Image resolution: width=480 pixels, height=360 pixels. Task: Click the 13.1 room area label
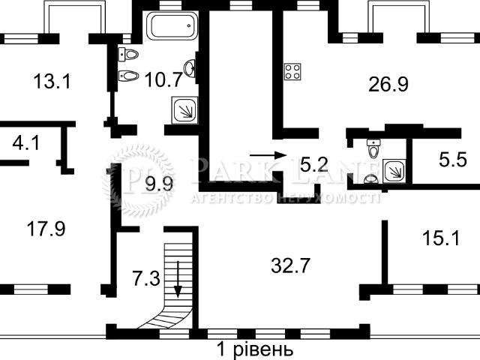coord(52,82)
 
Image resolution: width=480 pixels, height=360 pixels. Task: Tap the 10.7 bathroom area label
coord(163,79)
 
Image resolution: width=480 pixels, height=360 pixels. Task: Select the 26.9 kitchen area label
coord(388,84)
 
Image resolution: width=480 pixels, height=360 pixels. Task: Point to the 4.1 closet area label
coord(26,142)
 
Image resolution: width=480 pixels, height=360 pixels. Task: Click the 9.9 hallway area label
coord(159,184)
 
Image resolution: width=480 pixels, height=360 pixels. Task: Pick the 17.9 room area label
coord(46,229)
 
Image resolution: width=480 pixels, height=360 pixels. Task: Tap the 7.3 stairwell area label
coord(146,279)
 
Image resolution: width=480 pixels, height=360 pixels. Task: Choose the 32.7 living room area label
coord(290,265)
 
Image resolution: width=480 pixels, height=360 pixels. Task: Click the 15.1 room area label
coord(441,238)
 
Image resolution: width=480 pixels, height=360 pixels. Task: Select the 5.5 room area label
coord(453,160)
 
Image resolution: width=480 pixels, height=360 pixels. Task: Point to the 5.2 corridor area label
coord(314,164)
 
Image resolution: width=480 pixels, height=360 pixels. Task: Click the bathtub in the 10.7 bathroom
coord(172,25)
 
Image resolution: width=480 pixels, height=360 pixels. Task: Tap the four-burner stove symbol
coord(292,72)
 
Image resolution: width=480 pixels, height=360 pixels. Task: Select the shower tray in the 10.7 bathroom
coord(184,110)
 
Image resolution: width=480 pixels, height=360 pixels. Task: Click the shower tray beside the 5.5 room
coord(394,171)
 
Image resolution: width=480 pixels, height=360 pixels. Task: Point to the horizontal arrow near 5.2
coord(268,155)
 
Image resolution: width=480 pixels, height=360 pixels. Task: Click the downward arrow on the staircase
coord(178,280)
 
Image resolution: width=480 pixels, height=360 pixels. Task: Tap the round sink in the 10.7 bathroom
coord(190,68)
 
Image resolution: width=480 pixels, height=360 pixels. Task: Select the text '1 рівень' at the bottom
coord(255,349)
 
